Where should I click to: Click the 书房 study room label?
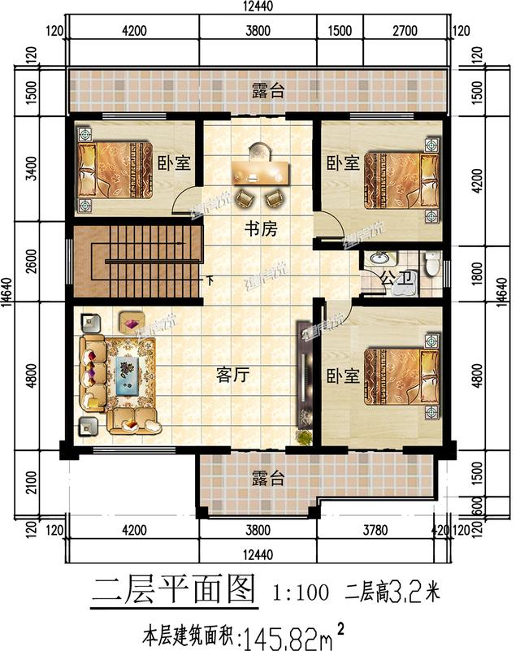click(262, 230)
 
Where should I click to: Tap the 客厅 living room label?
click(232, 375)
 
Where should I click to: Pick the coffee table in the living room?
click(132, 371)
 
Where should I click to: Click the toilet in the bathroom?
click(432, 264)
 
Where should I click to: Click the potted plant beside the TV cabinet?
click(304, 436)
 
